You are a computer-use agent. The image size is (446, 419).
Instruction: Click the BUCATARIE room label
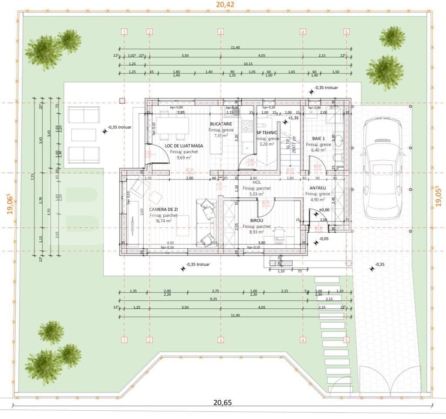220,124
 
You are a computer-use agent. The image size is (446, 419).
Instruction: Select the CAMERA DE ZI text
163,209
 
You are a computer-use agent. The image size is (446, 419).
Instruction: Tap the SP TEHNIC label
267,132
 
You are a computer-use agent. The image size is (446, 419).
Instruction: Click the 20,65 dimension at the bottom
222,402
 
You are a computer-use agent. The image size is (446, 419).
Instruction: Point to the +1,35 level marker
293,118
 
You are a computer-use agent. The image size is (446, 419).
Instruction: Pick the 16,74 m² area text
163,221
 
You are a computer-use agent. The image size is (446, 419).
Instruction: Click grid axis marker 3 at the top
220,32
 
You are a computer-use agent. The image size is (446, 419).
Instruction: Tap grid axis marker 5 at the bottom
346,340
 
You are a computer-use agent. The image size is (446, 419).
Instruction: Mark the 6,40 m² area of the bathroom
318,150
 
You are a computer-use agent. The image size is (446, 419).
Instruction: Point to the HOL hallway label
257,183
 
